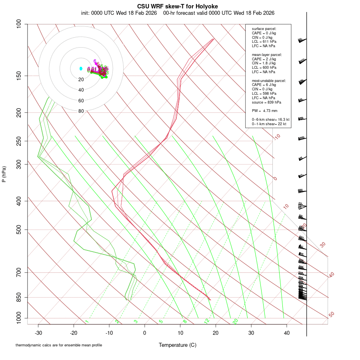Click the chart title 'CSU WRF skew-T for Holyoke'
[178, 6]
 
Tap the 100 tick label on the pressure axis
[19, 24]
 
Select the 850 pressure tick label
[19, 297]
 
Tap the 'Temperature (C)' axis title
[178, 345]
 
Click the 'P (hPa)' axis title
[4, 174]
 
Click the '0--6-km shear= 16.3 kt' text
[270, 119]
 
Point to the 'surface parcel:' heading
[264, 29]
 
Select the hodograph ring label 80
[81, 111]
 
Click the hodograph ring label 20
[81, 80]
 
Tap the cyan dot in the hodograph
[81, 68]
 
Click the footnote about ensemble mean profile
[59, 345]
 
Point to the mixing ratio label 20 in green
[236, 321]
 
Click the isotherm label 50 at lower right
[331, 315]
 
